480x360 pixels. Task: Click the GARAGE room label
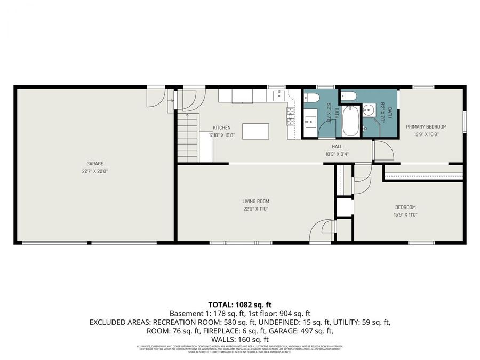coord(95,164)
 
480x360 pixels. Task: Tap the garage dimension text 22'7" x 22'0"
coord(95,171)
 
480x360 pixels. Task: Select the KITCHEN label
coord(222,127)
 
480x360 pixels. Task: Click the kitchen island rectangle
coord(255,131)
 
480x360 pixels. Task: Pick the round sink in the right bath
coord(369,111)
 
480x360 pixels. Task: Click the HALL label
coord(337,146)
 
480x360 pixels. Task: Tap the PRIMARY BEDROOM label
coord(426,127)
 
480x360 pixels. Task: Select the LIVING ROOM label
coord(255,201)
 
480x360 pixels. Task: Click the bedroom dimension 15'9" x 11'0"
coord(405,214)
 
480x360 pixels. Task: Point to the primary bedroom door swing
coord(383,151)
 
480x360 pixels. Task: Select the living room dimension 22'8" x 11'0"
coord(255,209)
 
